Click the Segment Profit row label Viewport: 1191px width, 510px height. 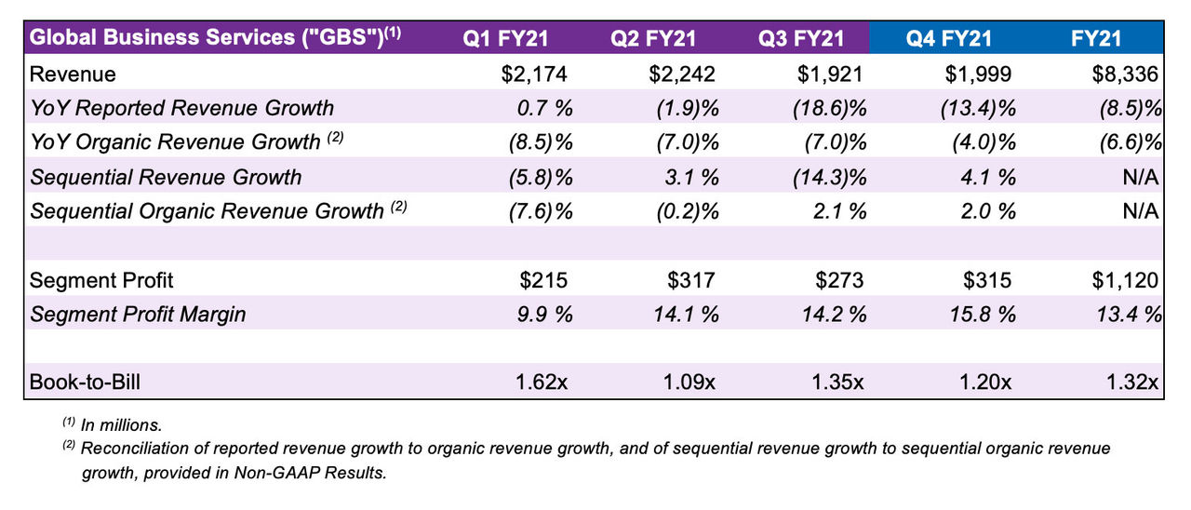click(x=102, y=280)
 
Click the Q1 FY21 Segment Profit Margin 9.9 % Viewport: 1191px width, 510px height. click(x=543, y=314)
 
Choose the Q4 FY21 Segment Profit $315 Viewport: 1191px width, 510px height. click(x=986, y=280)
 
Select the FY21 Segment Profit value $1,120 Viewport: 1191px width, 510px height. click(x=1125, y=280)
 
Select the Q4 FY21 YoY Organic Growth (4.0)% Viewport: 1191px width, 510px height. click(x=979, y=142)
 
